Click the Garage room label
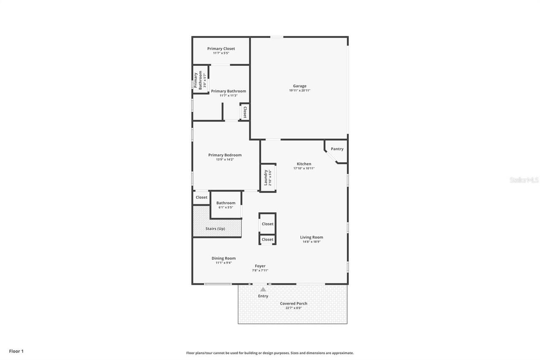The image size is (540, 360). [300, 86]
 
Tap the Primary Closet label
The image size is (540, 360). [221, 49]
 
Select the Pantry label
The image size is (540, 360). [337, 149]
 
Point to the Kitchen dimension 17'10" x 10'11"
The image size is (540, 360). [304, 168]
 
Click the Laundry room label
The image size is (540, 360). [266, 178]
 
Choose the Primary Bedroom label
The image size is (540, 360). [225, 155]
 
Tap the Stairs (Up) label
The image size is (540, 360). [215, 229]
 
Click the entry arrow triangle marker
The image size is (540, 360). [263, 290]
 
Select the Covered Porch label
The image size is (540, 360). [294, 303]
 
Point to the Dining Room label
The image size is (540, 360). [224, 258]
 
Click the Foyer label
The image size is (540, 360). [260, 266]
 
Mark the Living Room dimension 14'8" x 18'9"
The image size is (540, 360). [311, 242]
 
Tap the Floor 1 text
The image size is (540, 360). [16, 351]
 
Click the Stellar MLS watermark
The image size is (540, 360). [524, 180]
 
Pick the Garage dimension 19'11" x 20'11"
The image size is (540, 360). [300, 91]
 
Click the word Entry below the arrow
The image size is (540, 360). [263, 296]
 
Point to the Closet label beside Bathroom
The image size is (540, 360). [202, 197]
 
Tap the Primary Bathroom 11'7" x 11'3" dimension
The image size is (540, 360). [228, 96]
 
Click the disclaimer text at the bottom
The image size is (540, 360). [270, 353]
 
